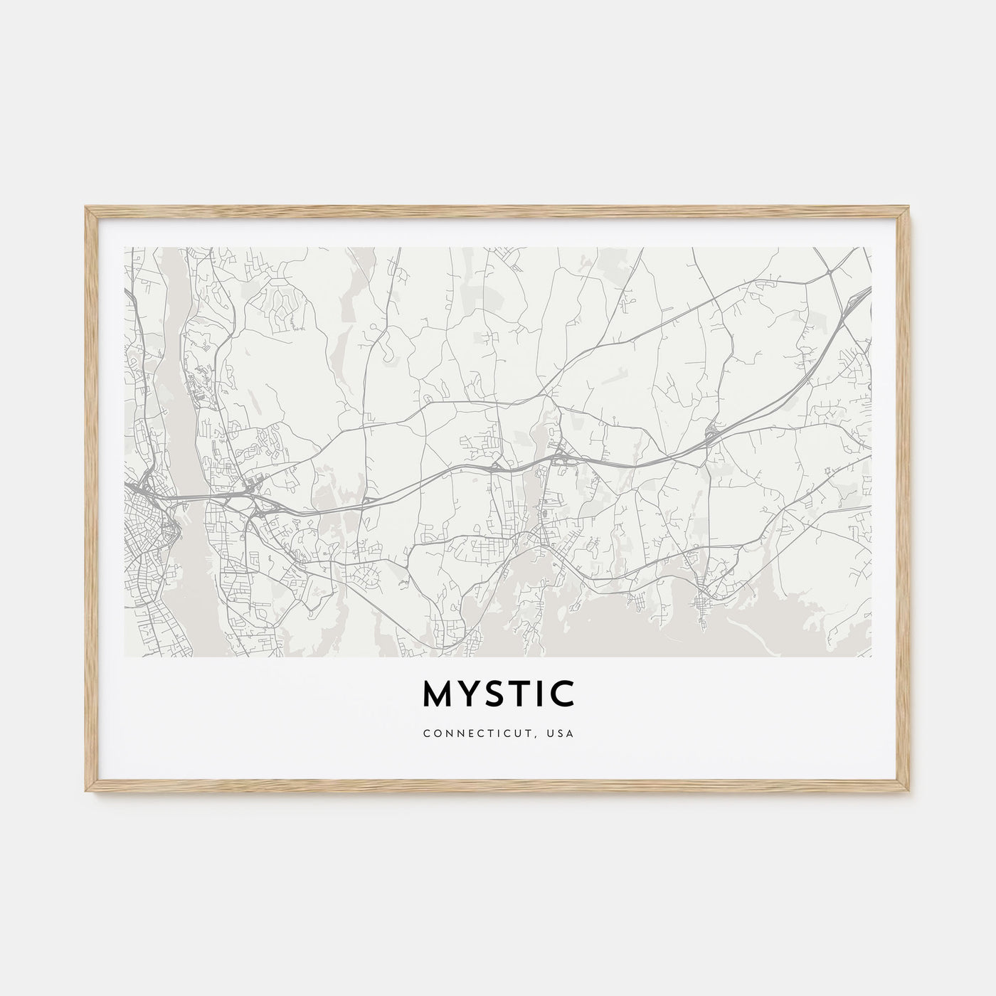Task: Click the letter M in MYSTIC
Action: click(x=439, y=694)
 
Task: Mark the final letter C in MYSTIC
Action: click(x=564, y=694)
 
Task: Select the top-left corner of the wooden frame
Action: click(x=85, y=207)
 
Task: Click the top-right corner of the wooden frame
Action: click(x=911, y=207)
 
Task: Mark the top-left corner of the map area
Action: click(x=124, y=248)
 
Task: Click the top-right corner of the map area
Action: click(x=871, y=248)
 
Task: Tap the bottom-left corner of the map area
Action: click(x=124, y=656)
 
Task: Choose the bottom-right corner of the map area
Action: click(x=871, y=656)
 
